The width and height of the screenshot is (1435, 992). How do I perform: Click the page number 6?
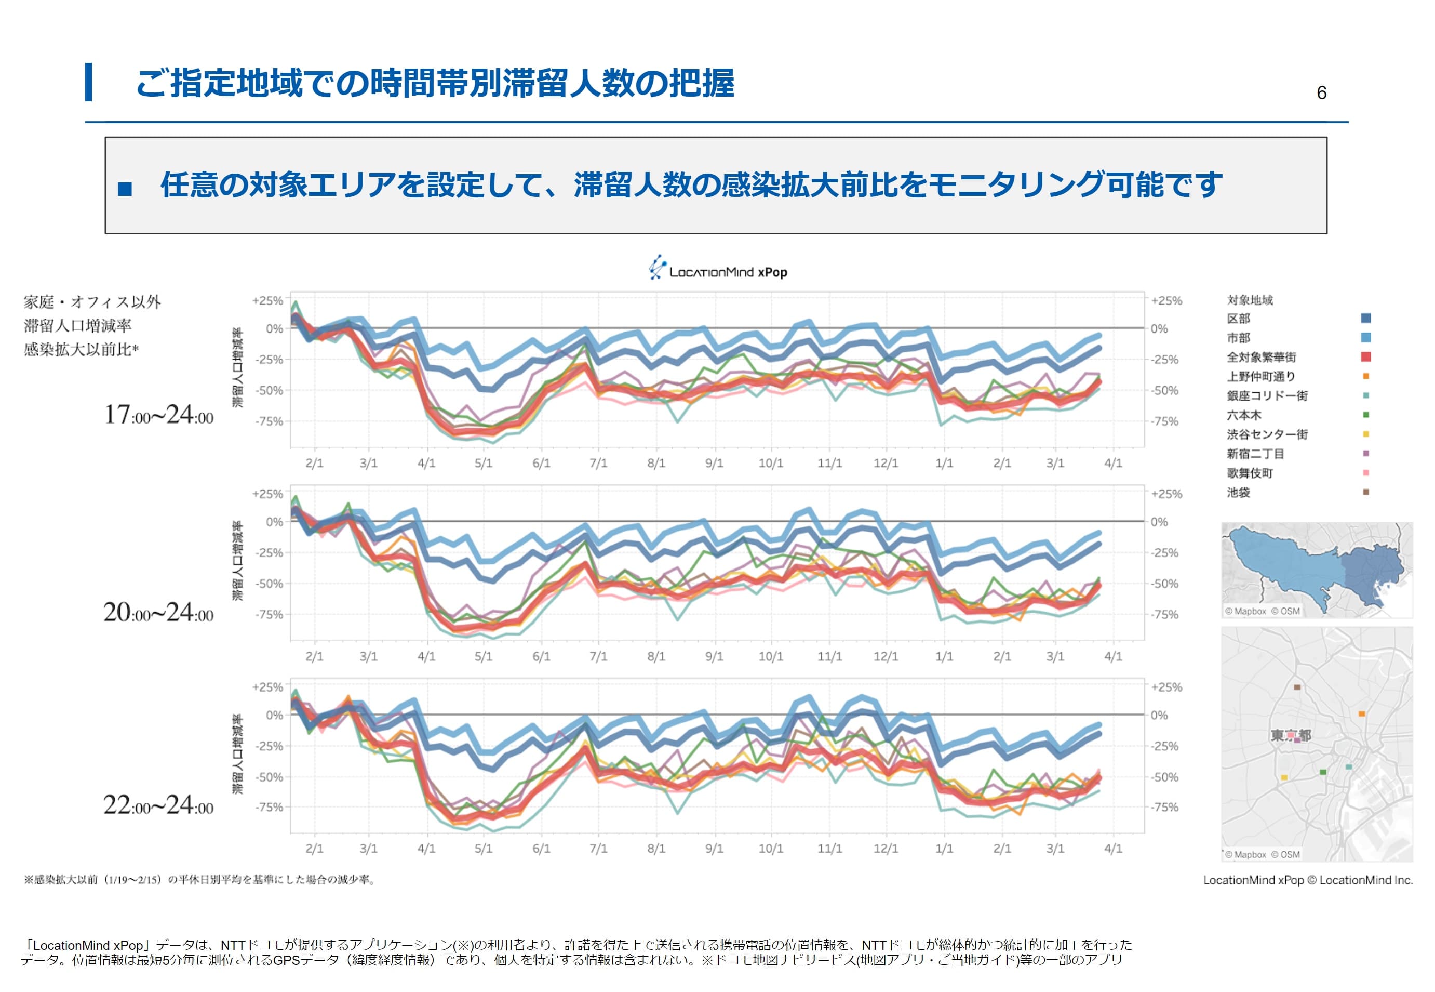1321,92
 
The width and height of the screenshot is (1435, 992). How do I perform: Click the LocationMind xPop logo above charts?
718,269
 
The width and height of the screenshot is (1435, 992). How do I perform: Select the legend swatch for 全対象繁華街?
1365,357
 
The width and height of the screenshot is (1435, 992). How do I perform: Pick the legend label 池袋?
1238,492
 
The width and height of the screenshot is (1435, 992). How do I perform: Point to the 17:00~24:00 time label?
158,415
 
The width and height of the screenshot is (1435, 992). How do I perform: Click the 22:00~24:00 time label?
158,805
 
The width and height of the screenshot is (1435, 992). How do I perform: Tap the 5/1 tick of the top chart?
484,463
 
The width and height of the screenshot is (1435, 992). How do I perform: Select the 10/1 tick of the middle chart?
771,656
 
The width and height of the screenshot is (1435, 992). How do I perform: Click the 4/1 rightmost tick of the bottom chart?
1112,849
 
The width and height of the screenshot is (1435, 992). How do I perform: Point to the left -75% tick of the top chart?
269,421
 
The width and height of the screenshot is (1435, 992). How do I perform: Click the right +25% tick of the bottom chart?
1166,687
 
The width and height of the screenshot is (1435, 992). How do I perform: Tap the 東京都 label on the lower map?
1290,735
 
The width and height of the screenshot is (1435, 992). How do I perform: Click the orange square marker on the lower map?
1362,713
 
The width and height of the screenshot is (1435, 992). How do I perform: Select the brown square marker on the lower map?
1296,687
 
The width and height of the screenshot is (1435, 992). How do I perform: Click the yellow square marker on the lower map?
1284,777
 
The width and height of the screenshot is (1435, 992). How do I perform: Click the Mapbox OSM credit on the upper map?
1262,611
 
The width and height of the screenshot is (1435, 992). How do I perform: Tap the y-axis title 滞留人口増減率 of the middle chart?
238,561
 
